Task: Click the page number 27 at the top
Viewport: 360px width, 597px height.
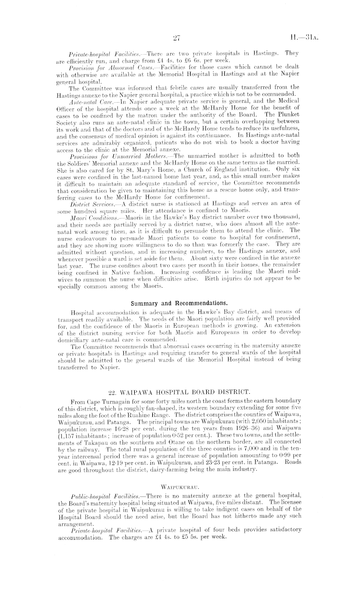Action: pyautogui.click(x=176, y=38)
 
